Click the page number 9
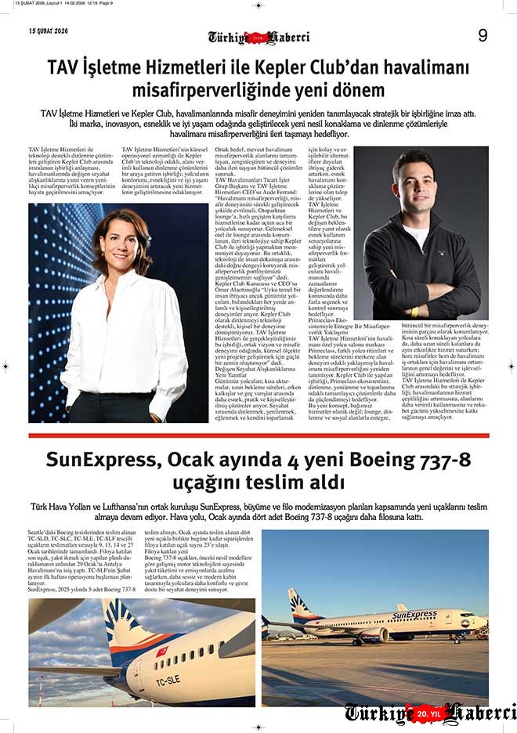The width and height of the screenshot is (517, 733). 483,35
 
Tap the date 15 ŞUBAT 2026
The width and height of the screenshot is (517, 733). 49,31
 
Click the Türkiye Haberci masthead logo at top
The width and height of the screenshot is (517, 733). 258,38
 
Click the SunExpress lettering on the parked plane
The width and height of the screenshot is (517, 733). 414,615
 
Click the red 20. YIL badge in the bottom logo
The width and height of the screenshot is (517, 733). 430,713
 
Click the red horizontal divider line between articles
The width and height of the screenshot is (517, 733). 258,435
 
